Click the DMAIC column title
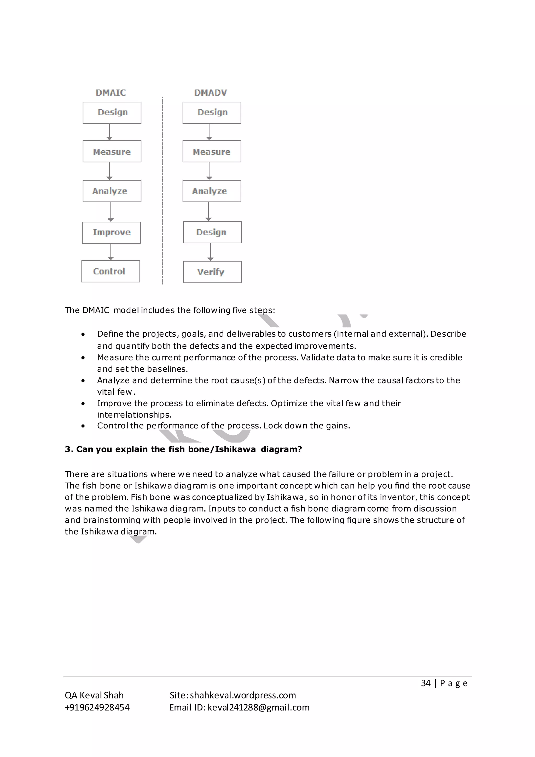click(x=111, y=93)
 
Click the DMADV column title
click(x=211, y=93)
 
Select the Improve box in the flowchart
click(x=111, y=232)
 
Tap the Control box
click(x=111, y=271)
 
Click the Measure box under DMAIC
click(x=112, y=151)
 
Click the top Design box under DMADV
click(x=212, y=112)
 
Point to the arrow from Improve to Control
click(x=111, y=252)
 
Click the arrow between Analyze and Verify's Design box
click(x=208, y=211)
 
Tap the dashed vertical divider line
click(x=163, y=191)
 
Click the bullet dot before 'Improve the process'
click(x=83, y=404)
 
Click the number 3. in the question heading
click(x=69, y=449)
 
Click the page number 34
click(x=426, y=683)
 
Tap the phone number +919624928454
click(x=97, y=707)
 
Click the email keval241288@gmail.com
click(x=258, y=707)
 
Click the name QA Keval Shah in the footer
click(x=94, y=695)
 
